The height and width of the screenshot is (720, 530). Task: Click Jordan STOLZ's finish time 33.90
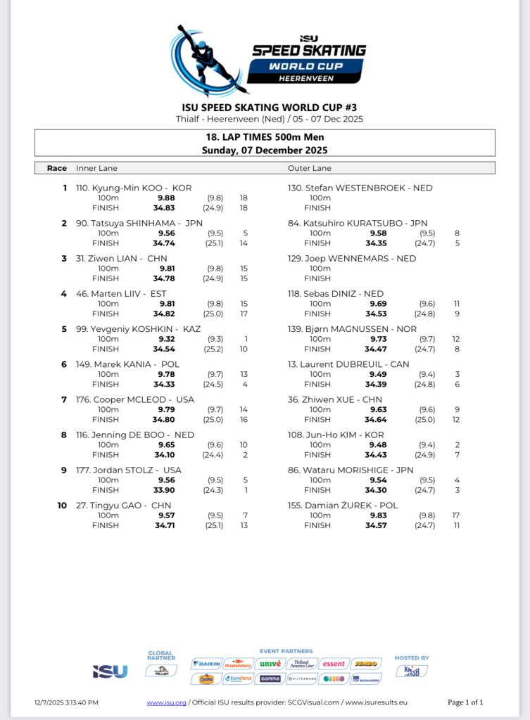pos(165,490)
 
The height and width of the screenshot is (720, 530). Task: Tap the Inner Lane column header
pos(96,168)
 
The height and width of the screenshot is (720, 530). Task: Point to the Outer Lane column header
pos(309,168)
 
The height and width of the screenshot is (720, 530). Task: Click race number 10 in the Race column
pos(61,506)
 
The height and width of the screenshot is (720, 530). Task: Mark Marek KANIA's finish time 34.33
pos(165,384)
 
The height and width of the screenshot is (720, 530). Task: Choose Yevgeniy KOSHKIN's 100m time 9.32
pos(167,339)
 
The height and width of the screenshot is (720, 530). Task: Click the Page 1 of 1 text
pos(465,702)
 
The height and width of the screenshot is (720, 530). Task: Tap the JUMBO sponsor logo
pos(365,664)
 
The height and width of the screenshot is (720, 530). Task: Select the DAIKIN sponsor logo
pos(206,664)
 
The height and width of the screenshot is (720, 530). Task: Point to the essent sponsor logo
pos(334,664)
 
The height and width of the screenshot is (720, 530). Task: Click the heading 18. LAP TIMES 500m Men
pos(265,138)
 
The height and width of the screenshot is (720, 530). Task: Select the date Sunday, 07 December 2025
pos(265,150)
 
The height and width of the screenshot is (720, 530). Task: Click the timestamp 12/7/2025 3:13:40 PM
pos(66,702)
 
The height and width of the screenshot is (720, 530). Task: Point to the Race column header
pos(56,168)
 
